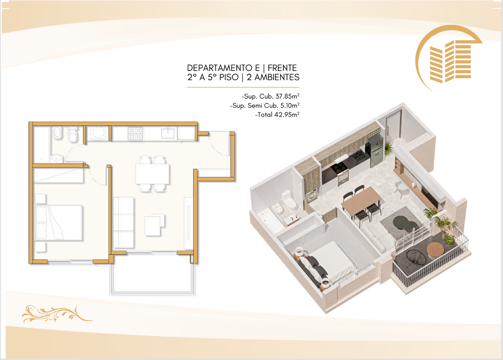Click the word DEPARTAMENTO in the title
tap(220, 68)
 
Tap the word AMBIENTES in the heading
tap(277, 77)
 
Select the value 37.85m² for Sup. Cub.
tap(287, 96)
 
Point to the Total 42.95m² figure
tap(277, 115)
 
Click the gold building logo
tap(448, 58)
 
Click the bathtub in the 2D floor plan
tap(42, 145)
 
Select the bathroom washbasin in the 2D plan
tap(57, 158)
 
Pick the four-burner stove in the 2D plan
tap(136, 134)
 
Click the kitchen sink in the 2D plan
tap(168, 133)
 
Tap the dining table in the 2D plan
tap(152, 174)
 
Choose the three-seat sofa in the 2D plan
tap(124, 222)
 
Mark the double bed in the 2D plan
tap(59, 222)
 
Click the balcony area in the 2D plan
tap(152, 275)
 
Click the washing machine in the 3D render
tap(312, 195)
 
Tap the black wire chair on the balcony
tap(417, 257)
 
